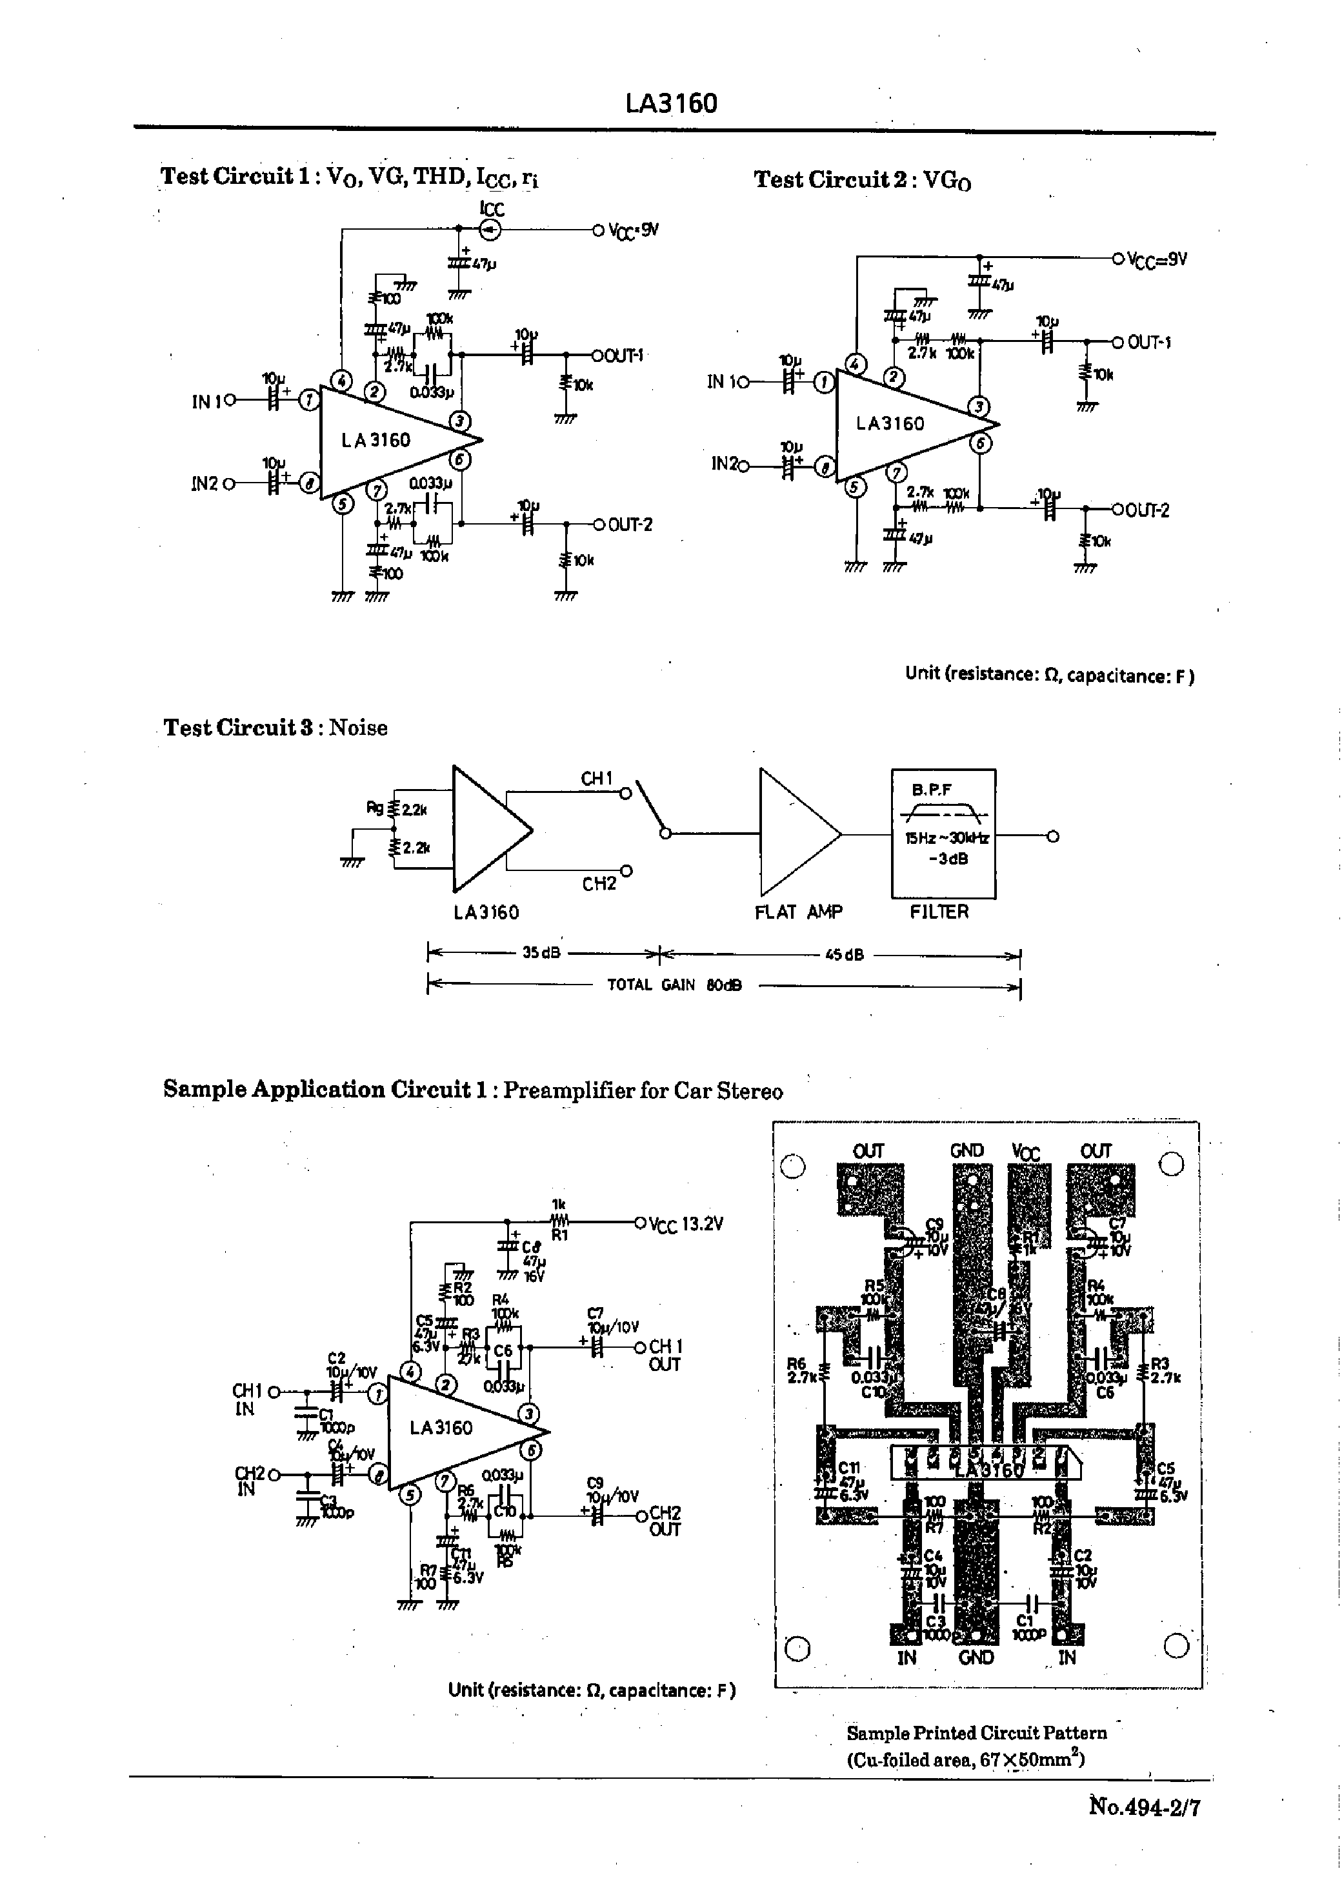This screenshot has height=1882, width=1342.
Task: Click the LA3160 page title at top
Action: coord(671,103)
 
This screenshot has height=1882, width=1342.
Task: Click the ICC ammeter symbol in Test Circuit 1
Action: coord(491,230)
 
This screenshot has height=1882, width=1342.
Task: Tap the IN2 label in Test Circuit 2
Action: coord(726,465)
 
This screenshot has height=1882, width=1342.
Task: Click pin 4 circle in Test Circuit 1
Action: coord(341,380)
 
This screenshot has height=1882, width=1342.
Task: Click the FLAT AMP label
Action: coord(798,912)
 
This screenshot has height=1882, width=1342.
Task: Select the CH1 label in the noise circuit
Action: coord(597,778)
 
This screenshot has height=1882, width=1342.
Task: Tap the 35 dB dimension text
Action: coord(541,952)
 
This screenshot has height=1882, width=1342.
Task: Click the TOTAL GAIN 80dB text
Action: coord(674,985)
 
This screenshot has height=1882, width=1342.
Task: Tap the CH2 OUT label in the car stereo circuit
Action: coord(665,1521)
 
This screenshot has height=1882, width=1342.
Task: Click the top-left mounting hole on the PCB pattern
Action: coord(792,1166)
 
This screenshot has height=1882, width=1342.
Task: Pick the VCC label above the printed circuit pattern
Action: coord(1025,1152)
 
